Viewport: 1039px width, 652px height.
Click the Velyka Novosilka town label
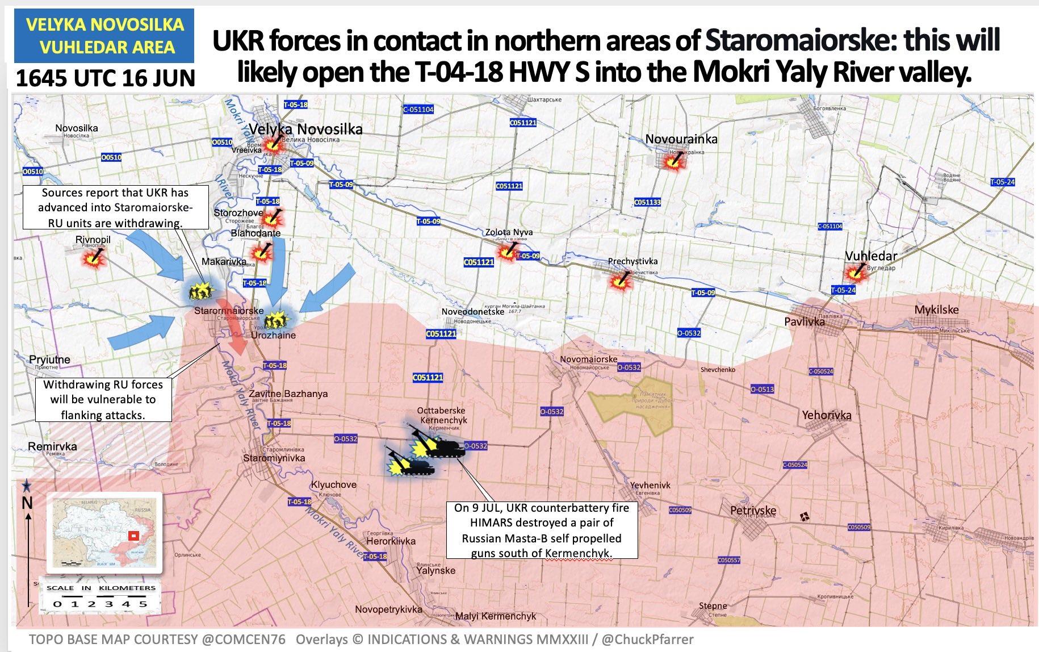pos(305,129)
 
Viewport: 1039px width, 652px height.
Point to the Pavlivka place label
pos(804,321)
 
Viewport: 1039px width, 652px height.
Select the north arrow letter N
pos(27,503)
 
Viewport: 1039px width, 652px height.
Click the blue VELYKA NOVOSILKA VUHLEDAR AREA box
pos(104,35)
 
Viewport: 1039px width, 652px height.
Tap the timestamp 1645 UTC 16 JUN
pos(105,78)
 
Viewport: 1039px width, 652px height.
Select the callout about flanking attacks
pos(103,400)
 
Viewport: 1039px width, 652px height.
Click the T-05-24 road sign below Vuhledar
pos(843,290)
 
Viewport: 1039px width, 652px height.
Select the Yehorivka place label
pos(826,415)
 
